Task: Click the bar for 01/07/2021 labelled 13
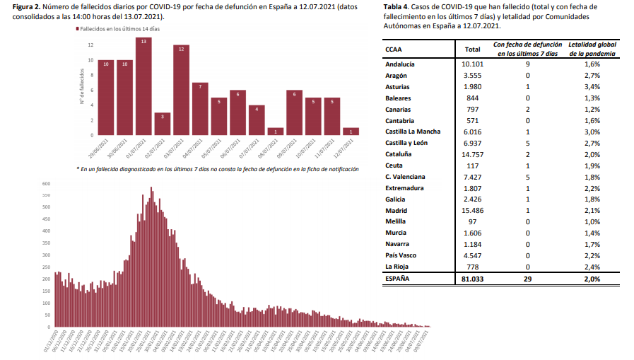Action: pyautogui.click(x=143, y=86)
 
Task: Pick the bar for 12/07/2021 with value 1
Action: pyautogui.click(x=351, y=131)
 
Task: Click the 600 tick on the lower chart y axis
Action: pyautogui.click(x=47, y=183)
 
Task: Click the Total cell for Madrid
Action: pyautogui.click(x=469, y=210)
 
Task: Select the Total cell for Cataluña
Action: pyautogui.click(x=469, y=153)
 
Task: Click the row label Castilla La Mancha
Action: pyautogui.click(x=413, y=132)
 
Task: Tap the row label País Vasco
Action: pyautogui.click(x=401, y=255)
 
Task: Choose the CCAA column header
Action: pyautogui.click(x=394, y=50)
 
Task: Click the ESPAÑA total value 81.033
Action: pyautogui.click(x=469, y=279)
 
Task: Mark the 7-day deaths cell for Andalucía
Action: pyautogui.click(x=527, y=64)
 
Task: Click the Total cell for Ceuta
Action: pyautogui.click(x=469, y=165)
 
